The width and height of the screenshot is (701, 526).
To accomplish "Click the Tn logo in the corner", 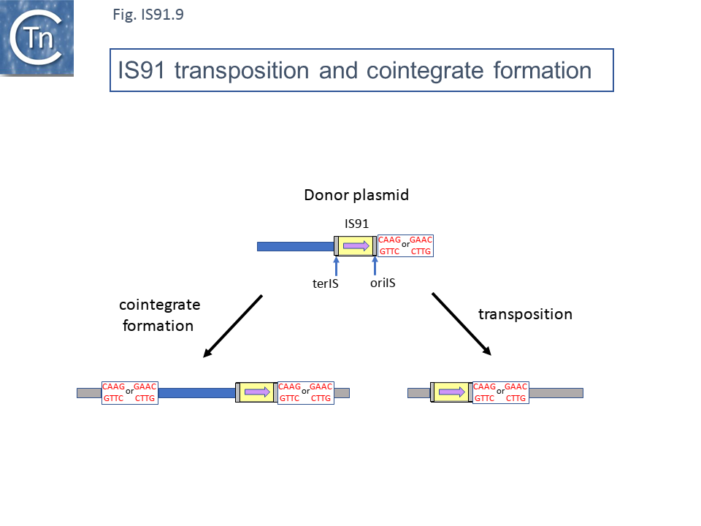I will [37, 38].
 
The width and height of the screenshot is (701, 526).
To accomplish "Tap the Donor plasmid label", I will [356, 196].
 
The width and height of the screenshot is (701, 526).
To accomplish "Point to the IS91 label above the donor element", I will [356, 224].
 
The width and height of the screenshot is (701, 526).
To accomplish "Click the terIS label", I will [325, 284].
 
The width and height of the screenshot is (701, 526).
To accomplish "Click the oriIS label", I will [382, 282].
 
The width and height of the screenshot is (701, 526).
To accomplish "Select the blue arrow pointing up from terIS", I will [336, 265].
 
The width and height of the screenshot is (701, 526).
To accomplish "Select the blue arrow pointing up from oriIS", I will [375, 265].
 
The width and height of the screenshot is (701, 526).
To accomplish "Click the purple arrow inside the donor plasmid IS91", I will [356, 246].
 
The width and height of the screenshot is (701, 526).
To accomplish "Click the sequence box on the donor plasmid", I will [405, 246].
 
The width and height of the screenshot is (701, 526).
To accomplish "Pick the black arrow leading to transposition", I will [461, 324].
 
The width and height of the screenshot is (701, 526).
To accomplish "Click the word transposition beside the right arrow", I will [525, 314].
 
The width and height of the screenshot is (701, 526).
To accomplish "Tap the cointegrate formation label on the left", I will [160, 314].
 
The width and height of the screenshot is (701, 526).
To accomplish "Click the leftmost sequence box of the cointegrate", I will [129, 392].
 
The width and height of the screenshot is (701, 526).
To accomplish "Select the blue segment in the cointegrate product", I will [196, 393].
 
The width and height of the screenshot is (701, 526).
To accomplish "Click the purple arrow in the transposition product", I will [452, 392].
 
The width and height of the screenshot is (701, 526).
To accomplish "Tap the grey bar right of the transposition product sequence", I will [556, 393].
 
